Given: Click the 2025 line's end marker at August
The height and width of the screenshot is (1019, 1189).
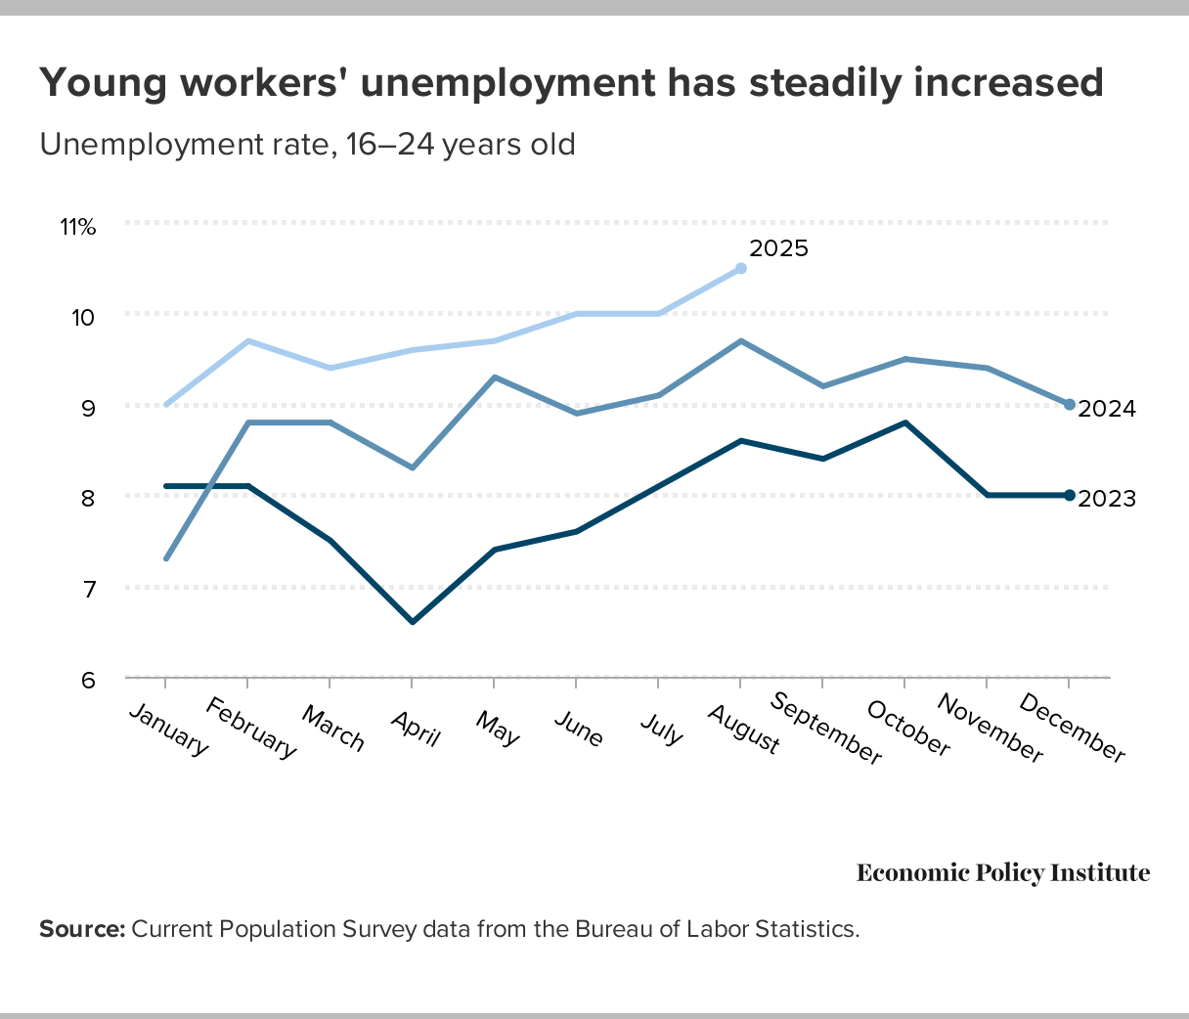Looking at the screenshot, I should coord(741,268).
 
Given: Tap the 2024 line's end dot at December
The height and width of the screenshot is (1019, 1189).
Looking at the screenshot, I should coord(1069,404).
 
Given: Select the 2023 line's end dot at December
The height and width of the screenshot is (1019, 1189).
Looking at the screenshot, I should coord(1069,495).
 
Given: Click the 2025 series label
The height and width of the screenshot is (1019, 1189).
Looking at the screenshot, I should coord(778,248).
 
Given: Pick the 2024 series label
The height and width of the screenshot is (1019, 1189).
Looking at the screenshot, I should coord(1107,409).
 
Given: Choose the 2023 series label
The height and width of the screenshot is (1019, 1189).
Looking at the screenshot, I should coord(1107,499).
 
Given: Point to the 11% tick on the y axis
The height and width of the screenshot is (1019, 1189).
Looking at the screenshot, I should coord(78,227).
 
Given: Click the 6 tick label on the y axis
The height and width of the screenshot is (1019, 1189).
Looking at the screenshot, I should coord(88,680).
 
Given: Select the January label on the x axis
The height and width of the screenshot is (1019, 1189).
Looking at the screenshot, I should coord(169,730).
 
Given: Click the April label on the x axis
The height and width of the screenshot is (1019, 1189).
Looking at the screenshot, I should coord(416,728).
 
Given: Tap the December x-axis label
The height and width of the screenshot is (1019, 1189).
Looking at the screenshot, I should coord(1073,729).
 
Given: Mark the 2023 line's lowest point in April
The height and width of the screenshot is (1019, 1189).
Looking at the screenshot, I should coord(413,622).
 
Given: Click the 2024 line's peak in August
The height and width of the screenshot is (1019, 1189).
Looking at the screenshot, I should coord(741,340).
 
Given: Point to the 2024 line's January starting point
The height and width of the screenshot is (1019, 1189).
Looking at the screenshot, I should coord(166,558).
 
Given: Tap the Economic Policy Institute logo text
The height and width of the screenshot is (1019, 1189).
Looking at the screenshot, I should coord(1003,872).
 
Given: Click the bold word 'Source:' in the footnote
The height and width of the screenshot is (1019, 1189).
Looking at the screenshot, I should coord(82,929).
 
